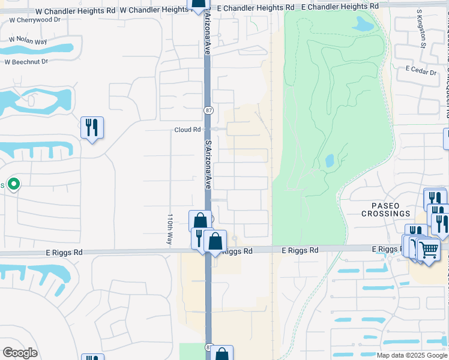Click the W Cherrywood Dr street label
35,20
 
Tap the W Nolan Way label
28,41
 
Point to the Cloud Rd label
187,130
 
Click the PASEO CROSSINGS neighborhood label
385,209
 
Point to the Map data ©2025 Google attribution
411,355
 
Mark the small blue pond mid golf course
330,161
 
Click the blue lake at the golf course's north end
363,24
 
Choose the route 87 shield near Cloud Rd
208,110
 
